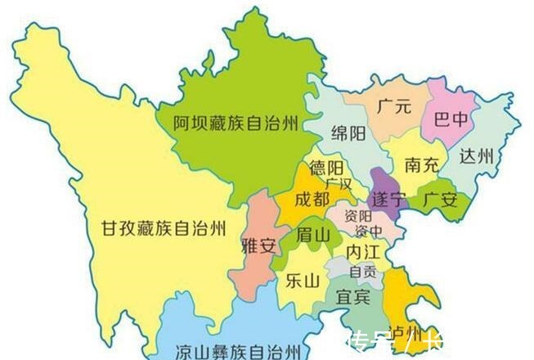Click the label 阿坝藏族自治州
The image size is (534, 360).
(236, 124)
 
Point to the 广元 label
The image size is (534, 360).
(395, 106)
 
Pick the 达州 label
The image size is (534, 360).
(477, 157)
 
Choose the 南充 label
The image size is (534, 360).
(422, 164)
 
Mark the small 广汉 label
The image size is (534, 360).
(338, 183)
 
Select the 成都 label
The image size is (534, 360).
(312, 198)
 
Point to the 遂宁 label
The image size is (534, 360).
(388, 199)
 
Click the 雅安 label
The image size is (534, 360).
(259, 245)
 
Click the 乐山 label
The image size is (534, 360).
(300, 280)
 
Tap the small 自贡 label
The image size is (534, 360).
(363, 271)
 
